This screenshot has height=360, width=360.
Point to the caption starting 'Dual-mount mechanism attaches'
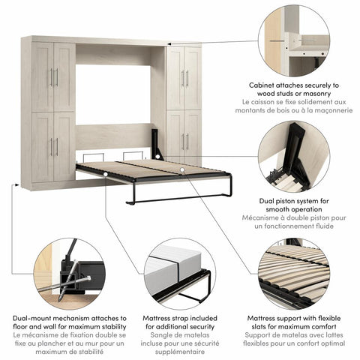point(61,322)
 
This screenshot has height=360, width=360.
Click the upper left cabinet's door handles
point(54,76)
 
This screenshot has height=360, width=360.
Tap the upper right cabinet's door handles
point(183,78)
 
